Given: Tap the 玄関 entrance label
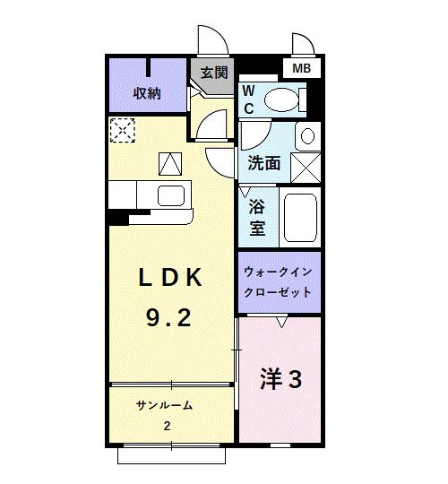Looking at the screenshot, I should pyautogui.click(x=213, y=73).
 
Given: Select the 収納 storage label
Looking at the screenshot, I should pyautogui.click(x=147, y=93).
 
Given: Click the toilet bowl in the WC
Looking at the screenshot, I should pyautogui.click(x=284, y=97).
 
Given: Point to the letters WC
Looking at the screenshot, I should pyautogui.click(x=249, y=99).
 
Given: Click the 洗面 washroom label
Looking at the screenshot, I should pyautogui.click(x=263, y=163).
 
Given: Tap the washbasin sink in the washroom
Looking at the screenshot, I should pyautogui.click(x=307, y=136).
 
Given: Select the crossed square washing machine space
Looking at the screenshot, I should pyautogui.click(x=307, y=167).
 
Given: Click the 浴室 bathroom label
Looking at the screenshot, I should pyautogui.click(x=257, y=216).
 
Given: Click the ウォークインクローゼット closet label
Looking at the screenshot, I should pyautogui.click(x=278, y=282).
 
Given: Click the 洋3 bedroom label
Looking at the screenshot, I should pyautogui.click(x=280, y=379).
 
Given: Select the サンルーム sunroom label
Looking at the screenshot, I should pyautogui.click(x=164, y=405).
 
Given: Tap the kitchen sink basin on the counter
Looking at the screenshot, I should pyautogui.click(x=171, y=195).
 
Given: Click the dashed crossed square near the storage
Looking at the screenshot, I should pyautogui.click(x=121, y=131).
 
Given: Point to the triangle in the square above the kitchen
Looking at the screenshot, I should pyautogui.click(x=169, y=164).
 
